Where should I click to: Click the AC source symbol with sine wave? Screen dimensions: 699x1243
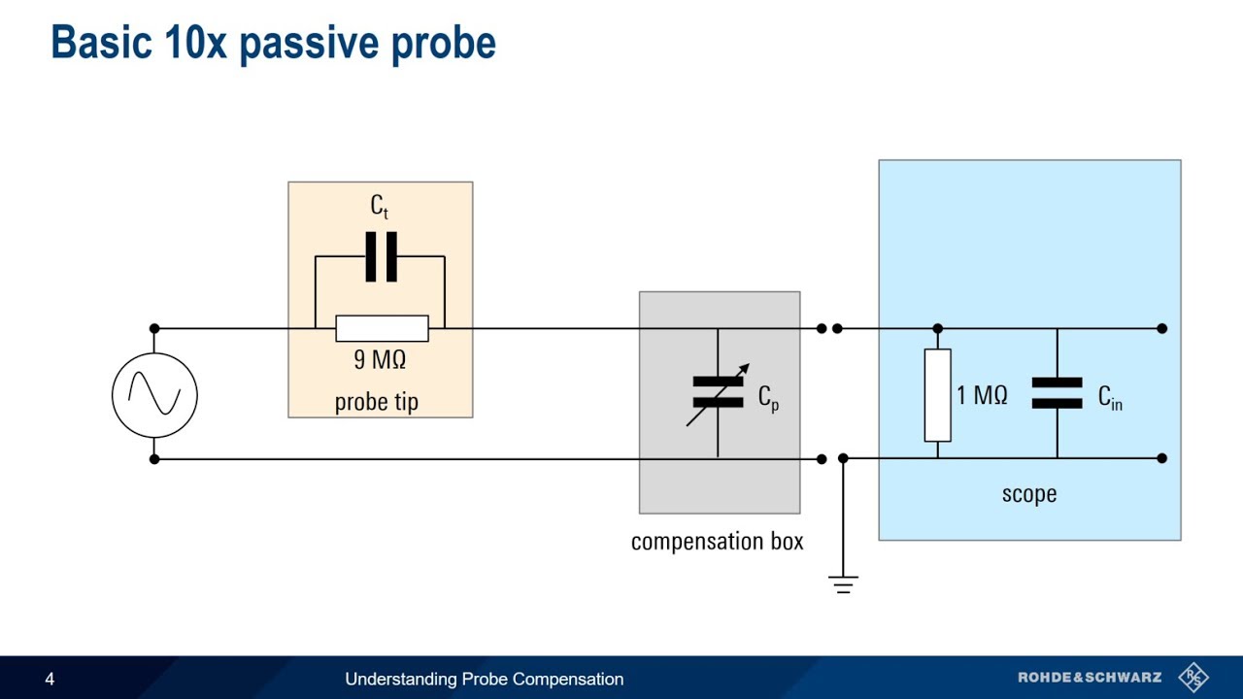(x=154, y=395)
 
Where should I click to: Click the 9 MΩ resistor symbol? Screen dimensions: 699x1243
(x=382, y=328)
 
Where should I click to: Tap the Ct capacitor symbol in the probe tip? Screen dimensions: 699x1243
(x=381, y=256)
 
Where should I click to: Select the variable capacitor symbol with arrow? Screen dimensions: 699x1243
(x=719, y=393)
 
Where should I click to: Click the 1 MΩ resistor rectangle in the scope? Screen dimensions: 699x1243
(x=937, y=395)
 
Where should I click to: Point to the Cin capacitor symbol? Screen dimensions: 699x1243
(x=1057, y=393)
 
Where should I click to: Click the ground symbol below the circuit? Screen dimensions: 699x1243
(x=843, y=582)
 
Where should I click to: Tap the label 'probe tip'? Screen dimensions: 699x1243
(x=377, y=402)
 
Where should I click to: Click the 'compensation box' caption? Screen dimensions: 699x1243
(x=717, y=542)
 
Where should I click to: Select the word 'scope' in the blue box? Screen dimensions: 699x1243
(x=1029, y=494)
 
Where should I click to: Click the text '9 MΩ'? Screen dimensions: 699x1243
(x=380, y=360)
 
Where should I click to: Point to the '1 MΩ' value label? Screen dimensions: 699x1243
(x=982, y=396)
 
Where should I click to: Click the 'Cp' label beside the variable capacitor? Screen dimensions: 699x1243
(x=768, y=398)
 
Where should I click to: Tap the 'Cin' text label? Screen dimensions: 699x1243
(x=1110, y=397)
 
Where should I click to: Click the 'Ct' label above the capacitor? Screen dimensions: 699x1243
(x=380, y=206)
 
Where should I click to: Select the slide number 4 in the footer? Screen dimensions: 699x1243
(x=50, y=680)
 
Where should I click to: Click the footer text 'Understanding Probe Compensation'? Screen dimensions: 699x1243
(x=484, y=680)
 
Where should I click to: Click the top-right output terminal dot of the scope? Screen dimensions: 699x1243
(x=1162, y=328)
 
